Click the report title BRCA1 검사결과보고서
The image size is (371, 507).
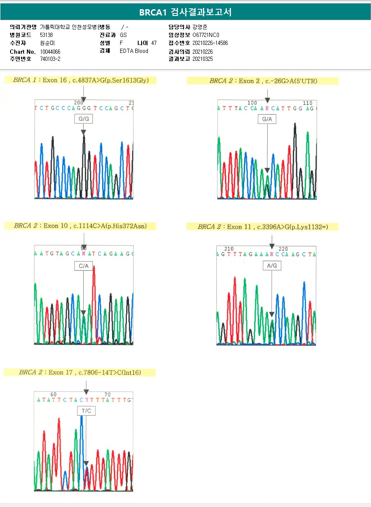point(185,12)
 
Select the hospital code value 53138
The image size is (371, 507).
point(46,35)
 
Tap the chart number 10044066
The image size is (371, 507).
point(50,52)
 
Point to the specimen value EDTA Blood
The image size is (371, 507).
point(134,51)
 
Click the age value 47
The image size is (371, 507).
point(154,43)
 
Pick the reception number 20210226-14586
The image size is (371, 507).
point(210,43)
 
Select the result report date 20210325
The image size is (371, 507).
point(203,59)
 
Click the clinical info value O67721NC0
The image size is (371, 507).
point(205,35)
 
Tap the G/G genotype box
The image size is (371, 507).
point(83,119)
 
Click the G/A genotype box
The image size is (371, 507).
point(267,119)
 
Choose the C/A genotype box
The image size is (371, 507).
point(84,266)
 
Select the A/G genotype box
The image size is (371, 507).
point(272,266)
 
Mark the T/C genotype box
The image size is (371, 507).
point(86,411)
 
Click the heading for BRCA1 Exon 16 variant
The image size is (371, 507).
point(80,80)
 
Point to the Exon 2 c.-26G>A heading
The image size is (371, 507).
point(263,81)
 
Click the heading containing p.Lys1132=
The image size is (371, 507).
point(263,227)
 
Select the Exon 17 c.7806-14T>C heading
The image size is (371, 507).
point(80,372)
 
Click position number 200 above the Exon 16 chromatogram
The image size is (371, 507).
point(79,102)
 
